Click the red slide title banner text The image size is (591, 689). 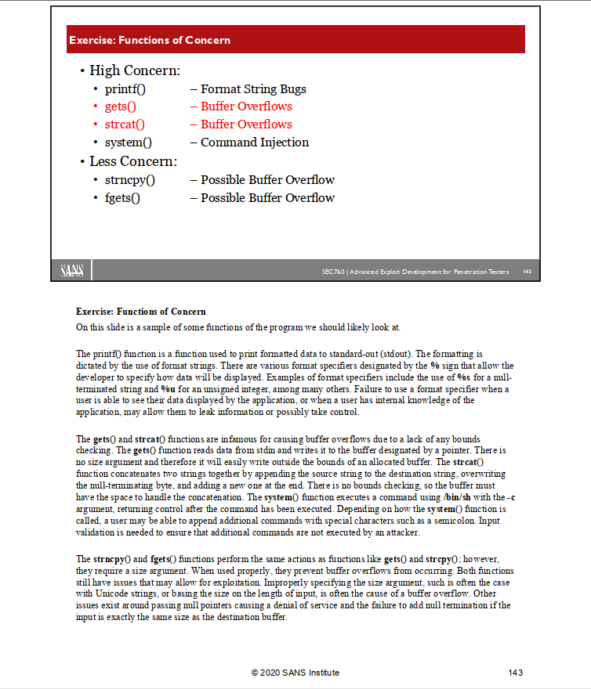(x=150, y=40)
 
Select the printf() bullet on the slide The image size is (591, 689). (x=125, y=89)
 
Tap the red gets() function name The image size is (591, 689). (x=120, y=106)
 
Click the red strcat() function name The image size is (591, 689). (x=125, y=124)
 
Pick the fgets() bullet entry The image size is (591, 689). (x=122, y=198)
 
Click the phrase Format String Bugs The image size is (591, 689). (x=253, y=89)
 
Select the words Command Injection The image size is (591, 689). (x=255, y=142)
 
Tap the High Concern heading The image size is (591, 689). (x=135, y=71)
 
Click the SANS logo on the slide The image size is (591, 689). (x=75, y=271)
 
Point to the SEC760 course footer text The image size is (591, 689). (x=415, y=272)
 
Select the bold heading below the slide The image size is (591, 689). (x=141, y=312)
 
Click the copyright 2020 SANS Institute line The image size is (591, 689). (x=295, y=673)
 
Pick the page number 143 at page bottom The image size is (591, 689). (x=515, y=673)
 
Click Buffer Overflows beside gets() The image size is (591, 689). (x=246, y=106)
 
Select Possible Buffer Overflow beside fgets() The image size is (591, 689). (x=267, y=198)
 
